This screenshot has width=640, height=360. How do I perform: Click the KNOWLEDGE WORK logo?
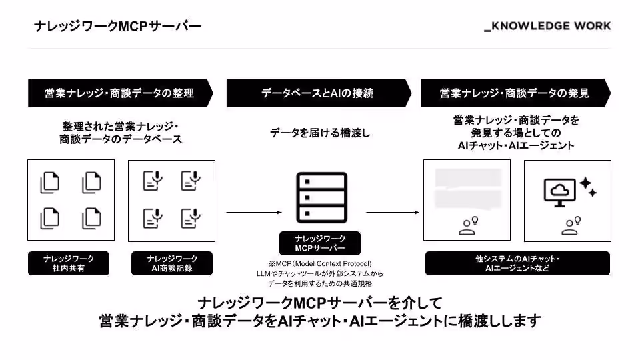click(x=547, y=26)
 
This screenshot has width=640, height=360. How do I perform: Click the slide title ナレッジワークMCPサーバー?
click(x=118, y=26)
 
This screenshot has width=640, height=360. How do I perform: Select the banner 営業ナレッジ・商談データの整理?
click(x=121, y=93)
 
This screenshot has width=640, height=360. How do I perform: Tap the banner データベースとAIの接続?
click(x=319, y=93)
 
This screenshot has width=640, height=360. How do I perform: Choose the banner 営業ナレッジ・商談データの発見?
click(x=516, y=93)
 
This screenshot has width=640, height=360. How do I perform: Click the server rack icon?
click(x=321, y=197)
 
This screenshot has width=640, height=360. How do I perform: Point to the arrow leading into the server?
click(x=254, y=212)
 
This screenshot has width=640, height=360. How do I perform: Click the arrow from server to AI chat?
click(x=393, y=212)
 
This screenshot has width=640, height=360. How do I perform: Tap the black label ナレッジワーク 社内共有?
click(x=69, y=263)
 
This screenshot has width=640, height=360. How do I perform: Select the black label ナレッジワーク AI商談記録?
click(x=172, y=263)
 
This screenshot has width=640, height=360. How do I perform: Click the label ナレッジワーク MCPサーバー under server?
click(x=320, y=243)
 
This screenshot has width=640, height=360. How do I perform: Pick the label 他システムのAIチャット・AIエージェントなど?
click(x=517, y=263)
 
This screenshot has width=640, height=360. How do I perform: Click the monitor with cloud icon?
click(x=559, y=192)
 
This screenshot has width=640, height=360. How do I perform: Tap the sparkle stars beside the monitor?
click(x=588, y=187)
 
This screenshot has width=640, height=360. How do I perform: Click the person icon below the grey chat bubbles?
click(x=468, y=226)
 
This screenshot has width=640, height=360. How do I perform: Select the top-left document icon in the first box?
click(x=50, y=183)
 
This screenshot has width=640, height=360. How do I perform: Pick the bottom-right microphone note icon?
click(x=191, y=218)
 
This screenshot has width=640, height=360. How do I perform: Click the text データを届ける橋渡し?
click(x=320, y=133)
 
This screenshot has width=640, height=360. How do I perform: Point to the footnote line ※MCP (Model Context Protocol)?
click(x=320, y=264)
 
